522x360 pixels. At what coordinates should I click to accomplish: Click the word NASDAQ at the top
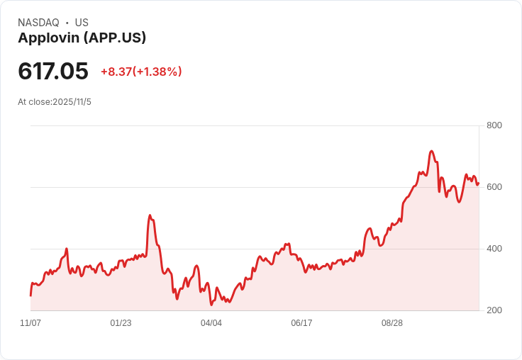tap(38, 23)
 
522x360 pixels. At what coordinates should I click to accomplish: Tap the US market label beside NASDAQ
tap(82, 23)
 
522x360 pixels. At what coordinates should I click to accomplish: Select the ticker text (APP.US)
tap(115, 38)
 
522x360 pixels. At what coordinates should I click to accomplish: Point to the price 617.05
tap(53, 71)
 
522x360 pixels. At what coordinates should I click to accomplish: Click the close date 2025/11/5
tap(72, 102)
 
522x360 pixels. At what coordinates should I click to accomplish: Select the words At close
tap(34, 102)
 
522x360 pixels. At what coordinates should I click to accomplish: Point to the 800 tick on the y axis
tap(494, 125)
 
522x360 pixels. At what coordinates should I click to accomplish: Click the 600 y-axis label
tap(494, 187)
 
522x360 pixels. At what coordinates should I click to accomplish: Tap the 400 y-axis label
tap(494, 249)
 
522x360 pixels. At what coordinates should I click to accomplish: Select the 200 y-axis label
tap(494, 310)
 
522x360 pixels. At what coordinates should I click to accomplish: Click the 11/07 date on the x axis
tap(30, 323)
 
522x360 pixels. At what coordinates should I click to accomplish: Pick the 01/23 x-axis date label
tap(121, 323)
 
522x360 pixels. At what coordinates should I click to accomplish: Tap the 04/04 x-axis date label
tap(211, 323)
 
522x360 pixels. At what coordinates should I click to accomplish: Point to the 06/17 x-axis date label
tap(301, 323)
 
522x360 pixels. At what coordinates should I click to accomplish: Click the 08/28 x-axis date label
tap(392, 323)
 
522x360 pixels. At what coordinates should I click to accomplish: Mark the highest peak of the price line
tap(431, 151)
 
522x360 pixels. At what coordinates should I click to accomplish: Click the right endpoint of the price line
tap(479, 183)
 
